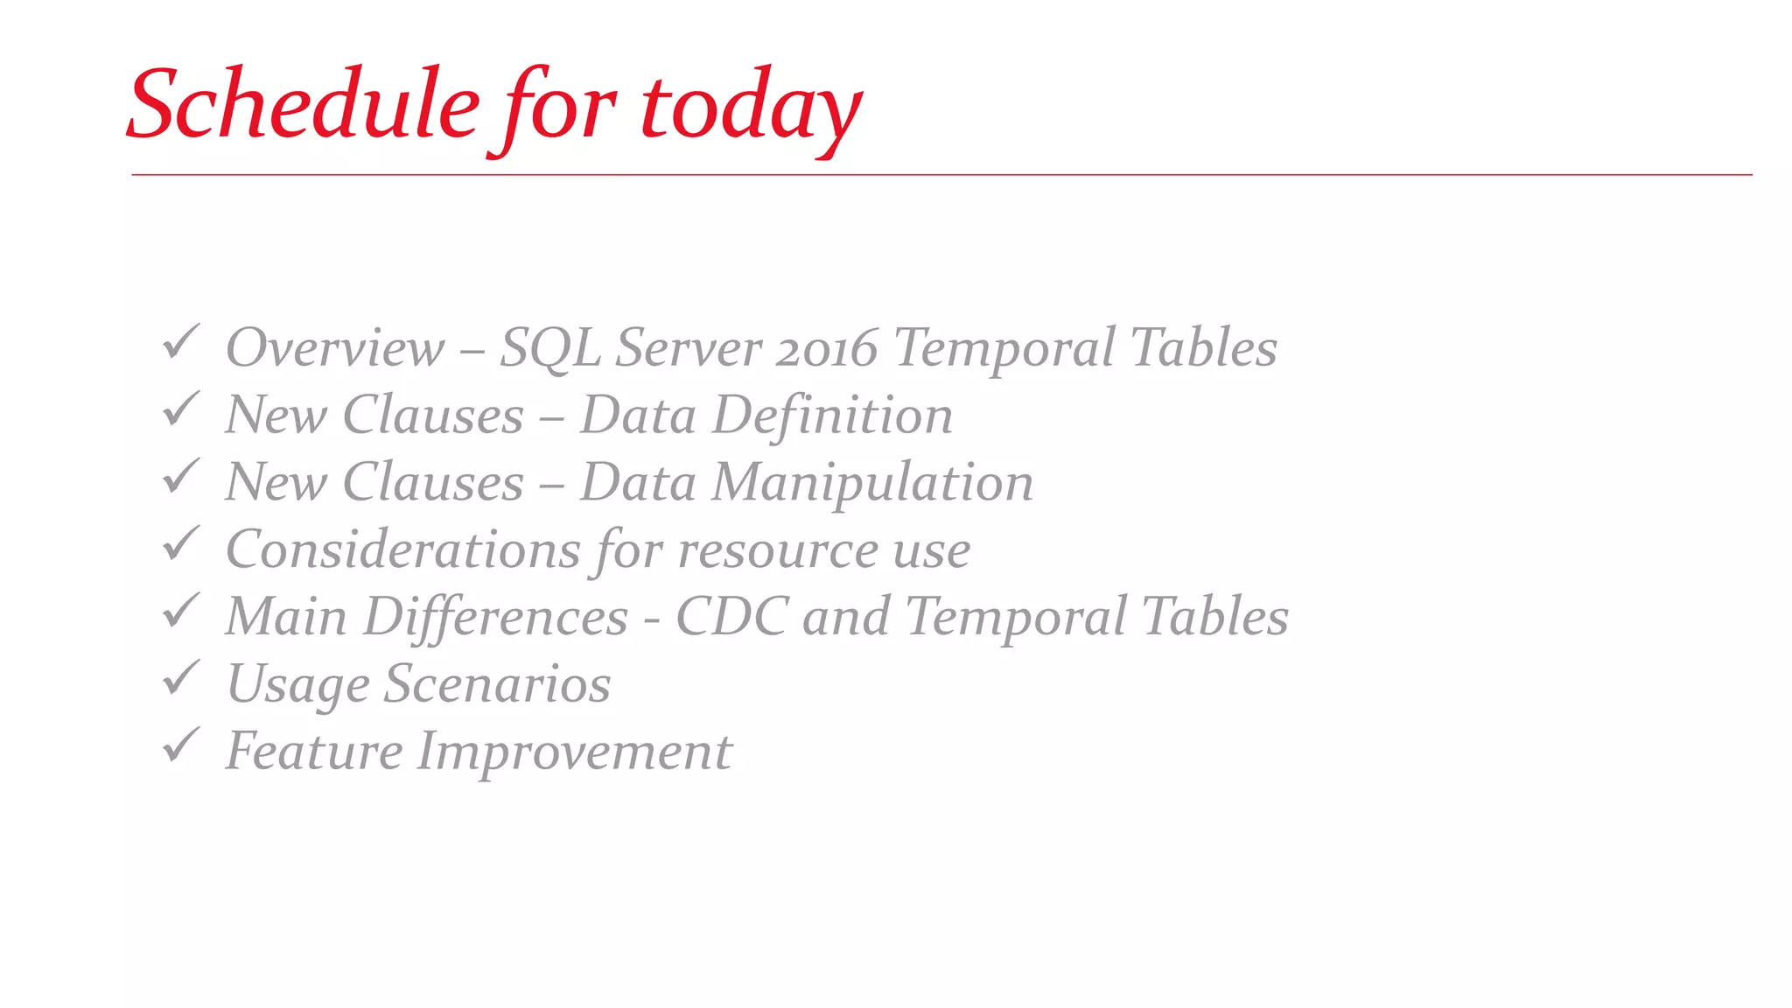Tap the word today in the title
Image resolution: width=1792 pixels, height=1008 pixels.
tap(751, 108)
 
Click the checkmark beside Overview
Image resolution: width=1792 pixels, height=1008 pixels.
tap(181, 342)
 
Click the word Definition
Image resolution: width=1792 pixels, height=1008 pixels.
tap(832, 415)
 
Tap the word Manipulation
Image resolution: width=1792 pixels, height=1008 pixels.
tap(872, 483)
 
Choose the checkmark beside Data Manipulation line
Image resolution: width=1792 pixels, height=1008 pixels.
tap(181, 477)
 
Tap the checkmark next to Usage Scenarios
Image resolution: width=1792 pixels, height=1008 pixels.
tap(181, 679)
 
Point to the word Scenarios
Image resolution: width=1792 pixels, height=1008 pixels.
tap(497, 683)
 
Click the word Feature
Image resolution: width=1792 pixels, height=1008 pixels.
tap(314, 751)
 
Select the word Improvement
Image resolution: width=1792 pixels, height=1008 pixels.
tap(574, 752)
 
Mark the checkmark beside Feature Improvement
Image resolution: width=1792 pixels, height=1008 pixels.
tap(181, 745)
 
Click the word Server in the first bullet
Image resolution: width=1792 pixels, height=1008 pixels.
tap(689, 348)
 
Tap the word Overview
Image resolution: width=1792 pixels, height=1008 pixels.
tap(335, 348)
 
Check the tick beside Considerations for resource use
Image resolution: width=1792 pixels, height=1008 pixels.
tap(181, 544)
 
